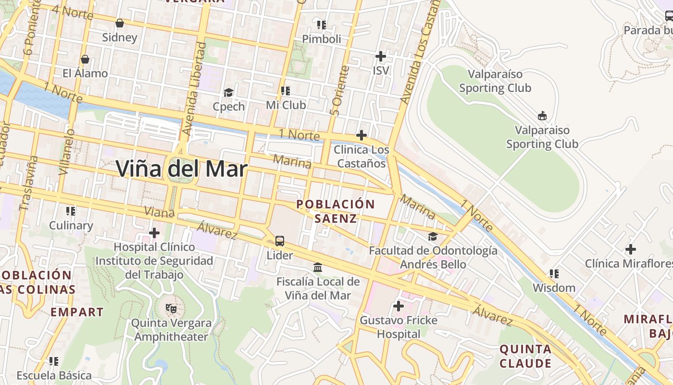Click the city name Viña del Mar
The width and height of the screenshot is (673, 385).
pyautogui.click(x=182, y=168)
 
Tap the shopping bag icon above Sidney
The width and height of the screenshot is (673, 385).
pyautogui.click(x=120, y=23)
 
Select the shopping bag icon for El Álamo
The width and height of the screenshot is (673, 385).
pyautogui.click(x=85, y=59)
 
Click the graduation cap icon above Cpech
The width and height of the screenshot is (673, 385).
pyautogui.click(x=229, y=92)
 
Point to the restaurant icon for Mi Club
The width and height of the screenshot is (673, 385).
pyautogui.click(x=286, y=90)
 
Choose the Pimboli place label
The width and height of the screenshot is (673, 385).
pyautogui.click(x=322, y=38)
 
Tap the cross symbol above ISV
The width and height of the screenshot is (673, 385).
pyautogui.click(x=380, y=56)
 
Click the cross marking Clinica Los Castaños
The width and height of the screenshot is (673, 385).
pyautogui.click(x=361, y=135)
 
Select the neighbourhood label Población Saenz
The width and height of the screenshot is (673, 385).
pyautogui.click(x=336, y=211)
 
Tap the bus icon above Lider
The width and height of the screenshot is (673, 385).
pyautogui.click(x=280, y=241)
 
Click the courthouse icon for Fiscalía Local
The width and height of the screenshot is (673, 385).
pyautogui.click(x=318, y=267)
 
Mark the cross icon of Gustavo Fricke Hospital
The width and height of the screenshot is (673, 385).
pyautogui.click(x=398, y=306)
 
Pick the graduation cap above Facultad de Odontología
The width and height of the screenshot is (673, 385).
pyautogui.click(x=433, y=236)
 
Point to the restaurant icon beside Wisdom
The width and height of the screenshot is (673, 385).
pyautogui.click(x=554, y=274)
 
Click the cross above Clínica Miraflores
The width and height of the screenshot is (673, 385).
pyautogui.click(x=630, y=249)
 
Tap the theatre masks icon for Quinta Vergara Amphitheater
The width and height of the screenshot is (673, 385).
pyautogui.click(x=171, y=308)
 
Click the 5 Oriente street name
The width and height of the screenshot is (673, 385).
pyautogui.click(x=339, y=90)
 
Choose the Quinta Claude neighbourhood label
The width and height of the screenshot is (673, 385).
pyautogui.click(x=525, y=356)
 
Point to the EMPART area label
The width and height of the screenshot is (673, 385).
pyautogui.click(x=77, y=312)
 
